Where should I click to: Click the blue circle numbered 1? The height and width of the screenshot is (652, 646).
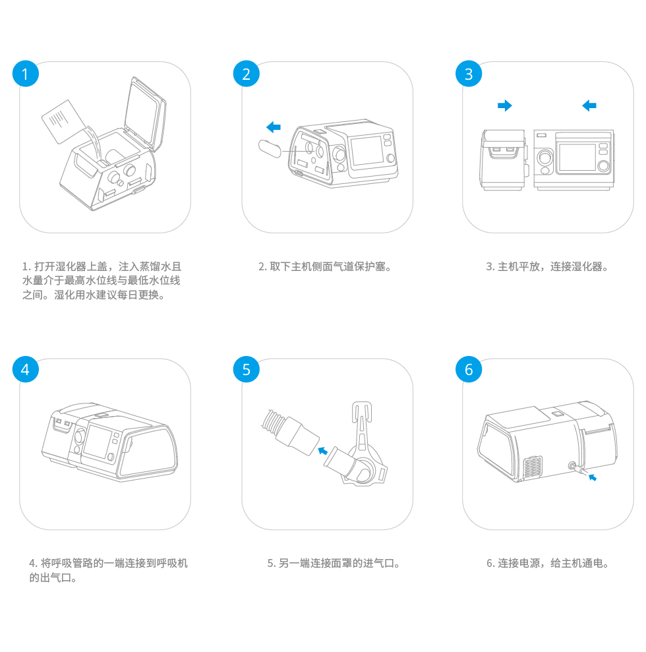point(25,74)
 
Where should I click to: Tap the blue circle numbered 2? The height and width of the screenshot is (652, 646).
point(246,74)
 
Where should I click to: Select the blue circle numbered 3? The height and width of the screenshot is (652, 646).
point(469,74)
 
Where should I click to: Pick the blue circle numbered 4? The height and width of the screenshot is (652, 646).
point(25,369)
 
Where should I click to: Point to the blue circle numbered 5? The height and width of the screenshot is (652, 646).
point(246,369)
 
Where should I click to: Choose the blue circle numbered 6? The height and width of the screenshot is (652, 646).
point(469,369)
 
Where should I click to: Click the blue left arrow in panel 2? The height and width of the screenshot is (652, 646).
point(274,127)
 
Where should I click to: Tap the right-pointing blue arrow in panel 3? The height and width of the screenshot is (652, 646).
point(505,105)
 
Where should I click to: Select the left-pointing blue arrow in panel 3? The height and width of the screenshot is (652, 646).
point(589,105)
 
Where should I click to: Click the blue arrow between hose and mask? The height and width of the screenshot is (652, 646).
point(322,450)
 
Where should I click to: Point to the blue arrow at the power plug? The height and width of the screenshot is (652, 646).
point(593,477)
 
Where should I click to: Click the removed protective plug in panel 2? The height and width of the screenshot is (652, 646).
point(270,149)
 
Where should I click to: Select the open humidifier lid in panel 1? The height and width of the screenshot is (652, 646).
point(145,112)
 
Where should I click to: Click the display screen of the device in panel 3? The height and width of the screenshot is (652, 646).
point(577,157)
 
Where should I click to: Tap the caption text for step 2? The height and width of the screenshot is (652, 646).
point(325,266)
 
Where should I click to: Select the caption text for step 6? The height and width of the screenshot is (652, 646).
point(548,564)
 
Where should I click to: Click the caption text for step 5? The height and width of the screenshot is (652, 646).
point(334,564)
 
